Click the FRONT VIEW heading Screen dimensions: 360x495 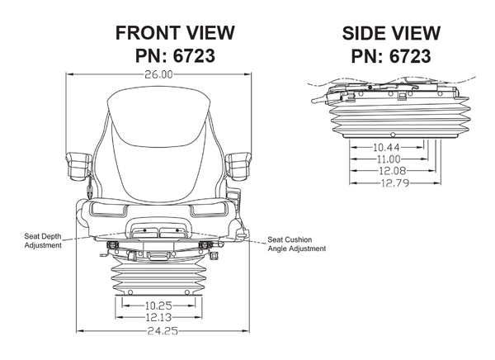point(175,33)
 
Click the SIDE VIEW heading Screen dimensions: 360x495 point(391,33)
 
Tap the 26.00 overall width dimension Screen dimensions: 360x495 point(159,74)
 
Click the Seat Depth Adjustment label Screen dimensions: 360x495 point(43,240)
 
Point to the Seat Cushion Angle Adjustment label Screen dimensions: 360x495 point(295,245)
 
